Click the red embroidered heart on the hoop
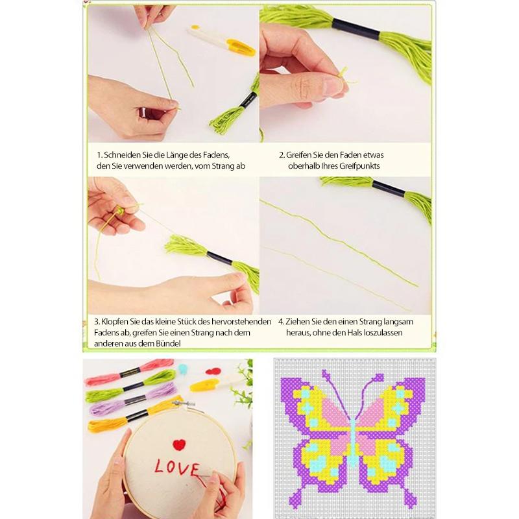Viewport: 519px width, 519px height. (x=179, y=444)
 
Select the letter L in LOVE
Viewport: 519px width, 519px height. (x=161, y=466)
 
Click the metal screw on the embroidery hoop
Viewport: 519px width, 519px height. (x=183, y=404)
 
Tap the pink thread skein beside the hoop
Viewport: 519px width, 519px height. (x=129, y=372)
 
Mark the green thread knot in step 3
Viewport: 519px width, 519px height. (x=120, y=210)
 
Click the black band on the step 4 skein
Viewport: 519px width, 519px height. (x=389, y=188)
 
